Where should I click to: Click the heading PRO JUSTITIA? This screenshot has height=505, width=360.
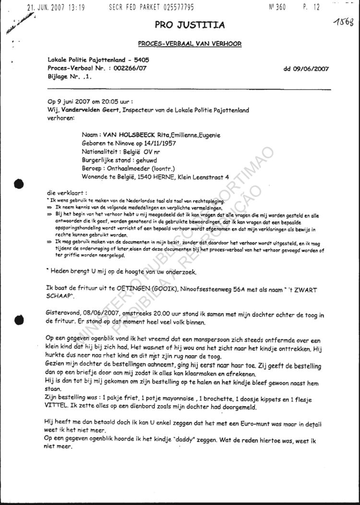190,25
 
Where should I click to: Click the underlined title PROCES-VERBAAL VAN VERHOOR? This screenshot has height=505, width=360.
190,44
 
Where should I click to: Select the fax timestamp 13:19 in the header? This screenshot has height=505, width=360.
75,7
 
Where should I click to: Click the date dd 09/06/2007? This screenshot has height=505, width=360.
306,69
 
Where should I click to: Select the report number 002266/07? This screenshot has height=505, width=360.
130,69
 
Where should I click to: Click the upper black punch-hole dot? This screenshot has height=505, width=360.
19,184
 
